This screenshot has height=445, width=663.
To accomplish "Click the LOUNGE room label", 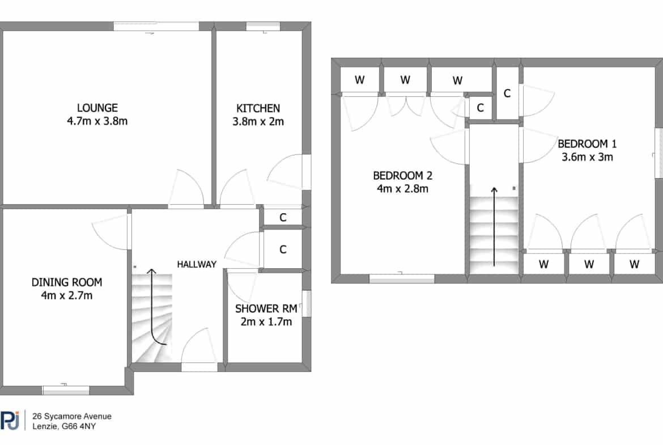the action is pyautogui.click(x=97, y=108).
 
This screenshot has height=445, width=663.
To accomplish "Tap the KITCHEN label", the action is pyautogui.click(x=258, y=108).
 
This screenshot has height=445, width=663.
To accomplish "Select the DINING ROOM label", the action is pyautogui.click(x=67, y=282).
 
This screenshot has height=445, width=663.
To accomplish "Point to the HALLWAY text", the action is pyautogui.click(x=197, y=264).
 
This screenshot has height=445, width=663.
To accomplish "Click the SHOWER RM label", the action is pyautogui.click(x=266, y=309).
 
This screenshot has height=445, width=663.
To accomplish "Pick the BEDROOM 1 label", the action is pyautogui.click(x=587, y=144).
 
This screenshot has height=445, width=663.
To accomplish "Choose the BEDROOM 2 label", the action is pyautogui.click(x=402, y=176).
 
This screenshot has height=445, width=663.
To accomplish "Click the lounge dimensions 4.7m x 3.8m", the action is pyautogui.click(x=97, y=121).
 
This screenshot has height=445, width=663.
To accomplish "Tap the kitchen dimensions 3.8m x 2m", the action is pyautogui.click(x=258, y=122).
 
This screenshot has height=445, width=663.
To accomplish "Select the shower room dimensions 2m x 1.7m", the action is pyautogui.click(x=266, y=322).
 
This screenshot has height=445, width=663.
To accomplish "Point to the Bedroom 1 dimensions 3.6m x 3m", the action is pyautogui.click(x=587, y=157).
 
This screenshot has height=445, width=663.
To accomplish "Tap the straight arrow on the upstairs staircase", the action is pyautogui.click(x=494, y=227).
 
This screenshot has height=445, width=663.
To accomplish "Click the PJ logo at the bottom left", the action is pyautogui.click(x=10, y=420).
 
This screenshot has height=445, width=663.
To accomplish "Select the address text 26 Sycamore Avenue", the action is pyautogui.click(x=72, y=416).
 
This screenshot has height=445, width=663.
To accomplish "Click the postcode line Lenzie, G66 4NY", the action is pyautogui.click(x=64, y=426).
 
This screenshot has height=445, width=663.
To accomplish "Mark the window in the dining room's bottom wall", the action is pyautogui.click(x=66, y=390).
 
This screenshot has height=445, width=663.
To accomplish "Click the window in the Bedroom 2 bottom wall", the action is pyautogui.click(x=402, y=279).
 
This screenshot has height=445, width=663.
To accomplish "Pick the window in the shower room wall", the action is pyautogui.click(x=307, y=303).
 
